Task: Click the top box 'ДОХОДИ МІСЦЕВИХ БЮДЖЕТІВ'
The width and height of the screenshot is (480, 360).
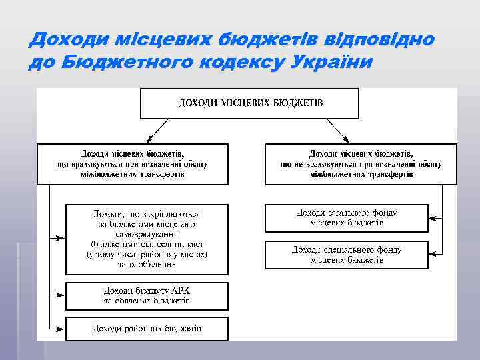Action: pyautogui.click(x=249, y=103)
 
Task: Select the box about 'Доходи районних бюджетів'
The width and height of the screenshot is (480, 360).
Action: pyautogui.click(x=147, y=329)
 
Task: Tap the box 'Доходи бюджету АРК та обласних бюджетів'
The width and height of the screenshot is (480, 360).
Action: pyautogui.click(x=147, y=296)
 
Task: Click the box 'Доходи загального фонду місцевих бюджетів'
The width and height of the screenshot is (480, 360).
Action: pyautogui.click(x=347, y=218)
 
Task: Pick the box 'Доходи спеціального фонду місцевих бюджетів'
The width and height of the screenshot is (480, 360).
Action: pyautogui.click(x=347, y=255)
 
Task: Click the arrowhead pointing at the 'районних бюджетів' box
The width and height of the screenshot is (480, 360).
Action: pyautogui.click(x=62, y=329)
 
